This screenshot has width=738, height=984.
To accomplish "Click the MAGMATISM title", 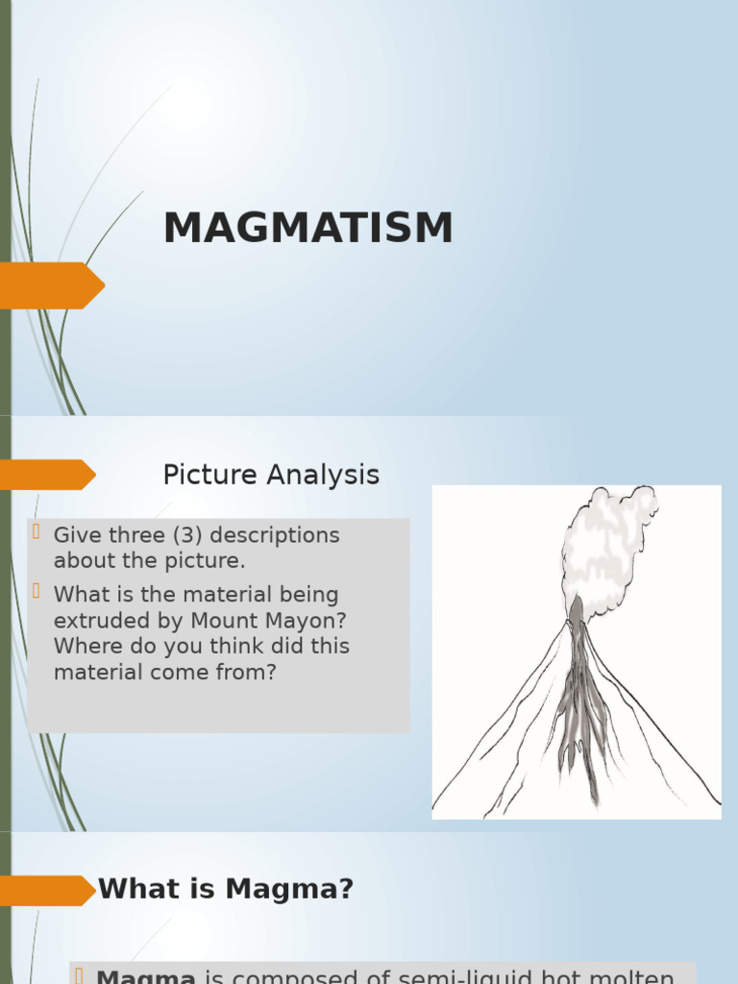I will [x=307, y=229].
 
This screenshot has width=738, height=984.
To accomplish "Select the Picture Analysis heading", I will [x=271, y=475].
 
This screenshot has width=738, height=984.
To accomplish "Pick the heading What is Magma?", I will [x=226, y=890].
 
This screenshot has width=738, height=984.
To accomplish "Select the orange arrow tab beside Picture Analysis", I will [x=46, y=475].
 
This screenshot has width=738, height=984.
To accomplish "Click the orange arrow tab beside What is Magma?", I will [x=46, y=890].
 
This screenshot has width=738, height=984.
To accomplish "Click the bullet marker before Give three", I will [x=37, y=532].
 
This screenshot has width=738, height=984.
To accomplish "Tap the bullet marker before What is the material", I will [x=37, y=592].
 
